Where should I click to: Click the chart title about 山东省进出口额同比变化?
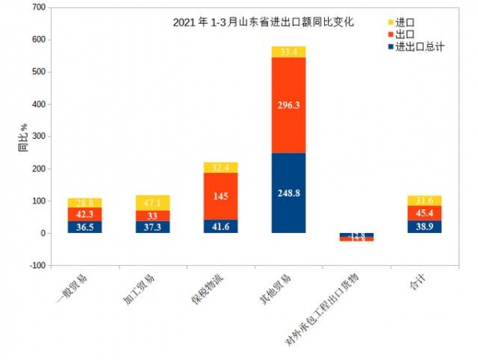coord(263,22)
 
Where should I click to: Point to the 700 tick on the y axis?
coord(38,7)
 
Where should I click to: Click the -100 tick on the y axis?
coord(36,266)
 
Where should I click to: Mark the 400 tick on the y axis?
coord(38,104)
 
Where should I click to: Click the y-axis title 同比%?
coord(23,136)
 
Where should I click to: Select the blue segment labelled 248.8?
coord(288,192)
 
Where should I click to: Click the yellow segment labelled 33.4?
coord(288,52)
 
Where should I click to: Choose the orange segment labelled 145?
coord(220,196)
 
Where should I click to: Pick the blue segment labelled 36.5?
coord(85,227)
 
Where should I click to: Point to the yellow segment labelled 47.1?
coord(152,203)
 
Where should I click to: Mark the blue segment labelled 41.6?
coord(220,227)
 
